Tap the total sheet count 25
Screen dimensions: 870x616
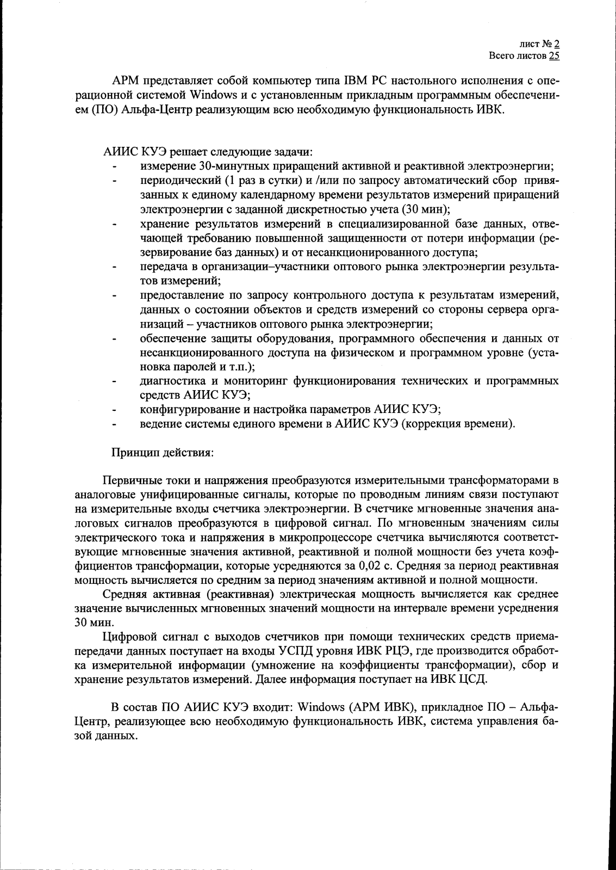[x=554, y=55]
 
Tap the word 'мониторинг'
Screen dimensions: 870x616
[x=247, y=381]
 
